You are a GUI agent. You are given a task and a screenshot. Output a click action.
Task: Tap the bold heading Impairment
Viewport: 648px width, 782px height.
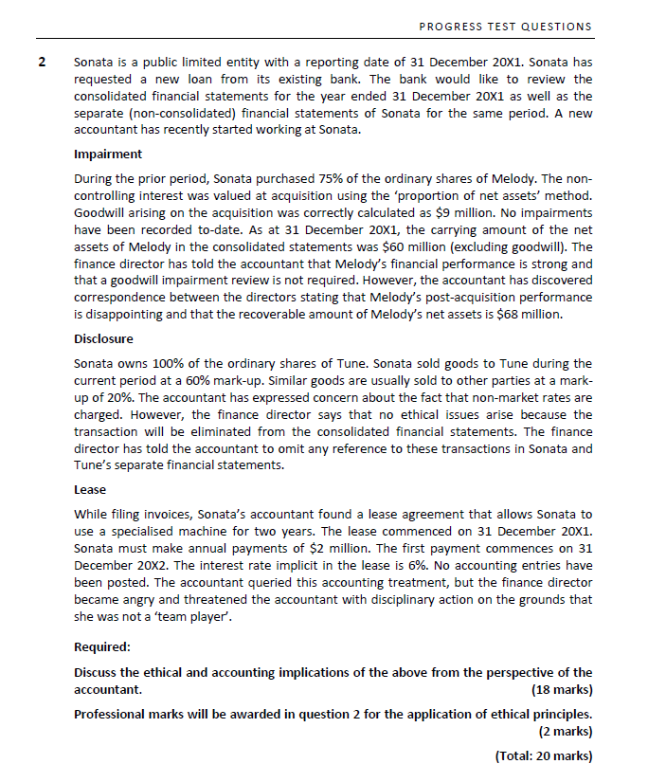[x=108, y=154]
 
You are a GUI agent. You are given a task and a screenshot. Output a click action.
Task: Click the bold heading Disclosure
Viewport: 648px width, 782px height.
[x=103, y=338]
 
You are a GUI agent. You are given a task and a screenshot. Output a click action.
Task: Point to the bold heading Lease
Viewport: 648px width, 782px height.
[x=89, y=490]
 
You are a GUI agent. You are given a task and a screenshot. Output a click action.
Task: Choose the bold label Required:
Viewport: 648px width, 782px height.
[x=102, y=647]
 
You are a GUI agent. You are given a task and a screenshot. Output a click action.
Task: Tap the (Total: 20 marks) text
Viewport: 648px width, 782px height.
[x=543, y=755]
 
